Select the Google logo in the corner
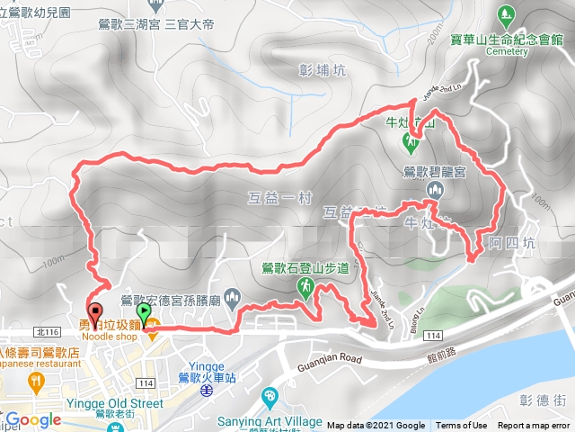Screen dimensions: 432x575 33,419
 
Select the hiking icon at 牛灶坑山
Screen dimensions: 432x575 410,141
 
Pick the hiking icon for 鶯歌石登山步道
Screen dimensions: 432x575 305,285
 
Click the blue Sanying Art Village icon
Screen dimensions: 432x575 270,397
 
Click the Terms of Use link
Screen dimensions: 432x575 462,426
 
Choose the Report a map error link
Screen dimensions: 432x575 535,426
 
